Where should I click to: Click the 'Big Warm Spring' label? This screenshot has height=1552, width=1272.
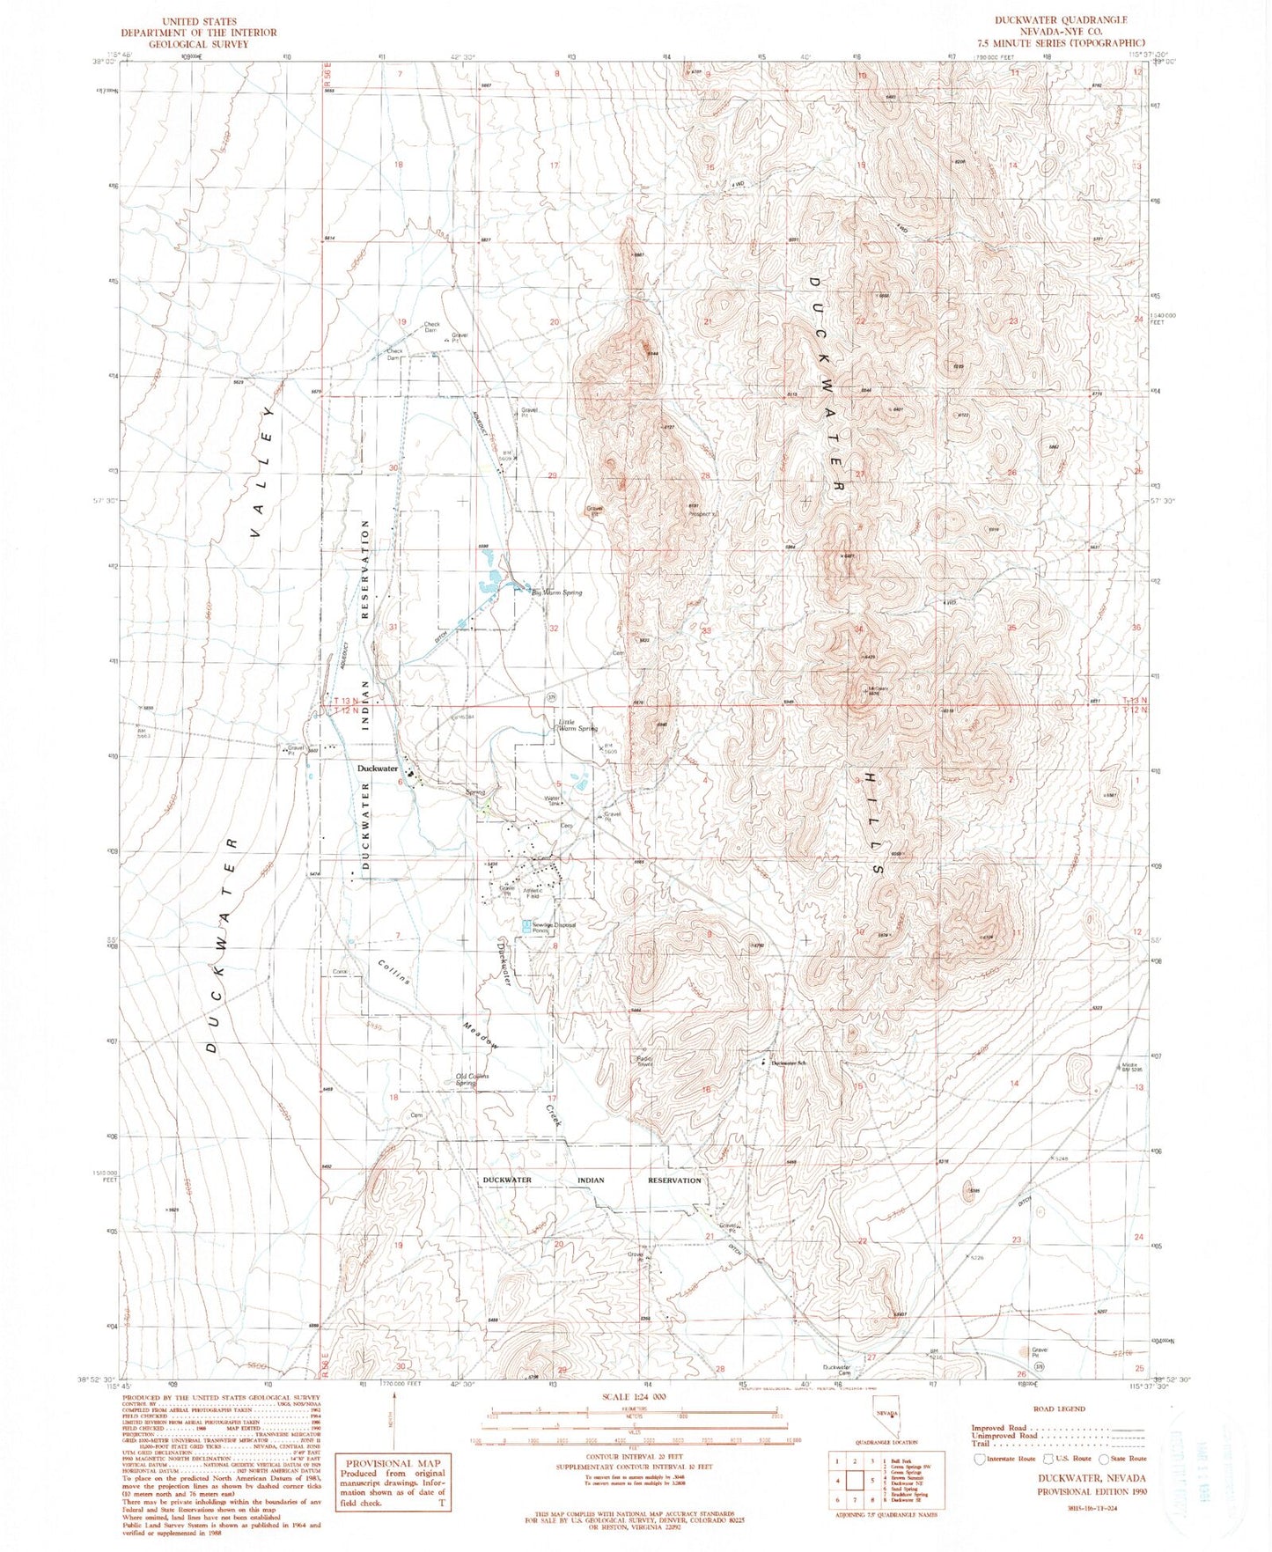556,592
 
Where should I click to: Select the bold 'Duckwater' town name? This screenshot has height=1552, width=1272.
378,769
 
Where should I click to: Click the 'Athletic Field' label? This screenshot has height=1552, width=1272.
537,893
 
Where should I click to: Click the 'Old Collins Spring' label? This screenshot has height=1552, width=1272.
472,1079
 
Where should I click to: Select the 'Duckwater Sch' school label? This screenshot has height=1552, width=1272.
790,1063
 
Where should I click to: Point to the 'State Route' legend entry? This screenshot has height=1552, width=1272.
1123,1458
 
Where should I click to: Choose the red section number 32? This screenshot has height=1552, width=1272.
554,629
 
